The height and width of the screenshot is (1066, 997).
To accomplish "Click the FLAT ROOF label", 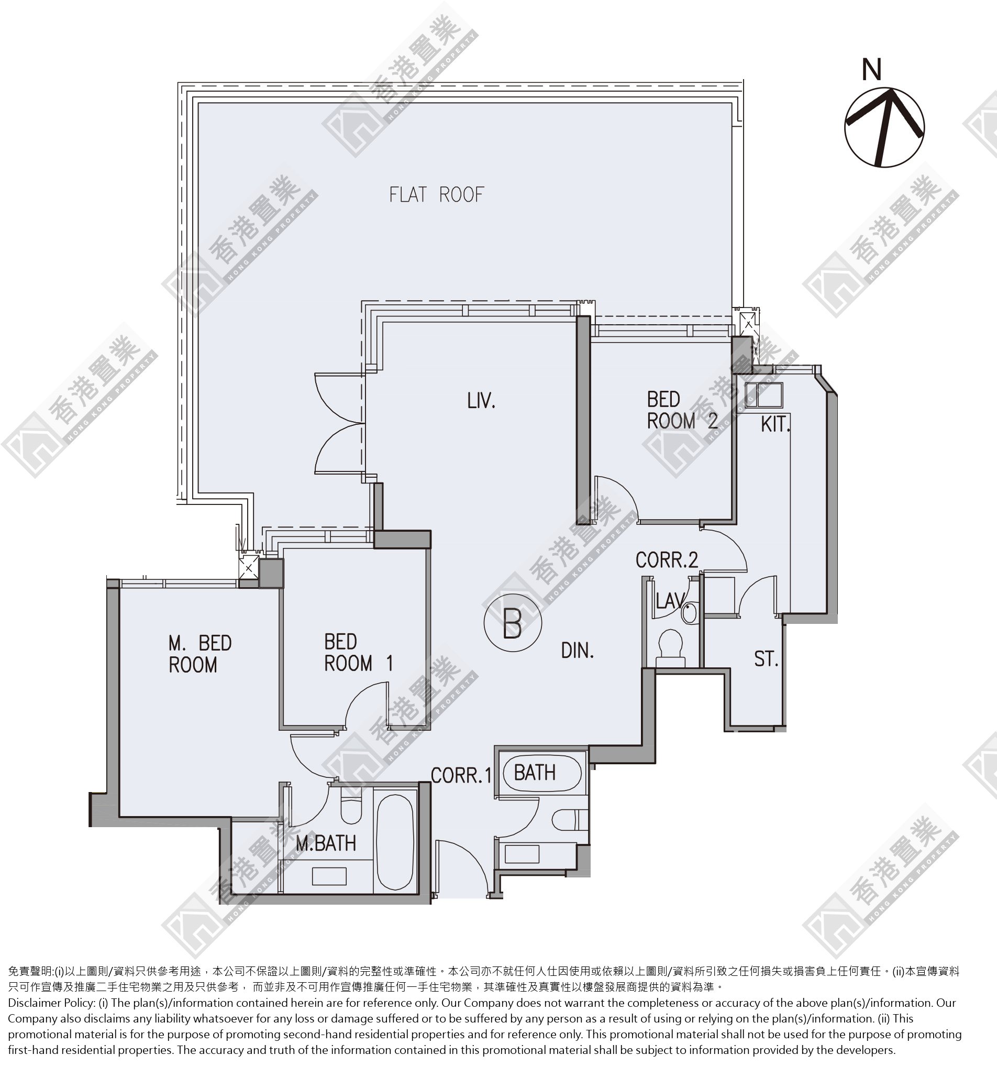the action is coord(436,195).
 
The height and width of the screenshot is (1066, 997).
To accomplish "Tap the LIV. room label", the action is coord(481,401).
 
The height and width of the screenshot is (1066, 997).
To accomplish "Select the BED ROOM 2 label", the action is coord(682,410).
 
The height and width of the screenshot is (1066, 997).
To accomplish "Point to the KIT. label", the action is coord(776,425).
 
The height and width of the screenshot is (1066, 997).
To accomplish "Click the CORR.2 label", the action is coord(667,561).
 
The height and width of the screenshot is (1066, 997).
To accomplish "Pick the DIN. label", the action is coord(577,651).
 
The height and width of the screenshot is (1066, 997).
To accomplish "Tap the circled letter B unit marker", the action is coord(513,623).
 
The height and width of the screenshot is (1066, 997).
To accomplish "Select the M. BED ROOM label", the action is coord(200,654).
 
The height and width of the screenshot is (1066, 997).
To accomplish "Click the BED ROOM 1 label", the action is coord(359,653).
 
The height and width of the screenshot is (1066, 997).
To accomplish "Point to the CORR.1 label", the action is coord(461,775).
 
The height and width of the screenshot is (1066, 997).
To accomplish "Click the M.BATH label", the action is coord(326,844).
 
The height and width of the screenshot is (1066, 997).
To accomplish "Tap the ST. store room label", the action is coord(766,659).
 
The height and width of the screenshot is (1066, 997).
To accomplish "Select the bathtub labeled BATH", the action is coord(541,773).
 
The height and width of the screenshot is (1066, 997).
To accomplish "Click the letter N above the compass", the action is coord(872,70).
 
